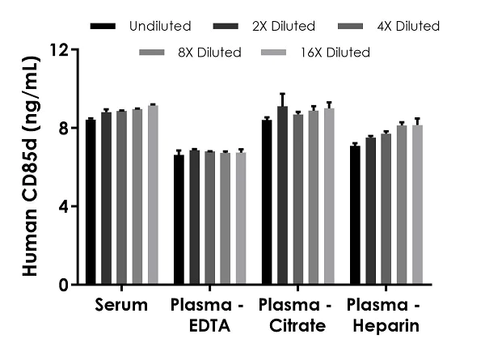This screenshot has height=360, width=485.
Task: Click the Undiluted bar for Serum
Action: tap(91, 202)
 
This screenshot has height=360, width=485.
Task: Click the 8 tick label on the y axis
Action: tap(62, 128)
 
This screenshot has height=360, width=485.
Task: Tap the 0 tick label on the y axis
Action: tap(62, 285)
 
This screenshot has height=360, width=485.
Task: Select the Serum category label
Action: tap(121, 306)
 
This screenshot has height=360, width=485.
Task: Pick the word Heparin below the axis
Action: tap(386, 326)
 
